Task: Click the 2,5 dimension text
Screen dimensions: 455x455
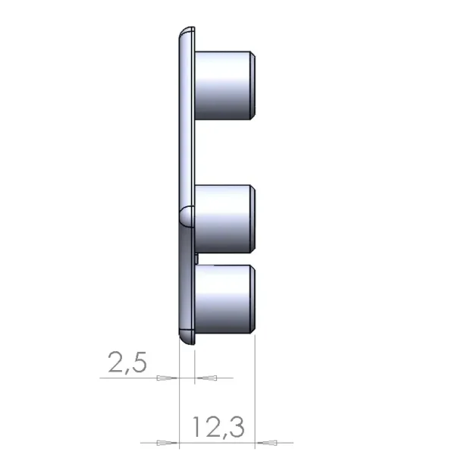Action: tap(127, 362)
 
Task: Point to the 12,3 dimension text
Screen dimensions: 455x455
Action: tap(218, 426)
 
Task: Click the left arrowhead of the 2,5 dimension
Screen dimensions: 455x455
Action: tap(167, 378)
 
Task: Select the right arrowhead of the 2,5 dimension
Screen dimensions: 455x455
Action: tap(207, 378)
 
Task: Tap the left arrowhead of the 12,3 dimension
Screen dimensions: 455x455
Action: tap(167, 443)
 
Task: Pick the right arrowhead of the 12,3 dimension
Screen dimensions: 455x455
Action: tap(267, 443)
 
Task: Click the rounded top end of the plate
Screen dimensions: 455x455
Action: tap(187, 32)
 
